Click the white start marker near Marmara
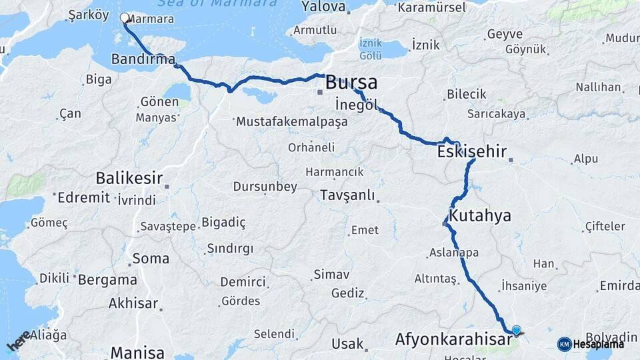[124, 18]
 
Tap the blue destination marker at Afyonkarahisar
[516, 330]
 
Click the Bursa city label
[351, 83]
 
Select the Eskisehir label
[472, 152]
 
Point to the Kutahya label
[480, 215]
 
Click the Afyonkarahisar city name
[455, 339]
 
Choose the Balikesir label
[129, 178]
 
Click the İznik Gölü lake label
[371, 48]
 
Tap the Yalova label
[323, 7]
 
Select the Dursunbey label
[265, 187]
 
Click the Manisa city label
[137, 352]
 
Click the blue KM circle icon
[564, 344]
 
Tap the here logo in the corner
[19, 341]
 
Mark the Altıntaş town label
[435, 278]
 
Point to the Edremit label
[83, 197]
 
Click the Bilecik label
[466, 95]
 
